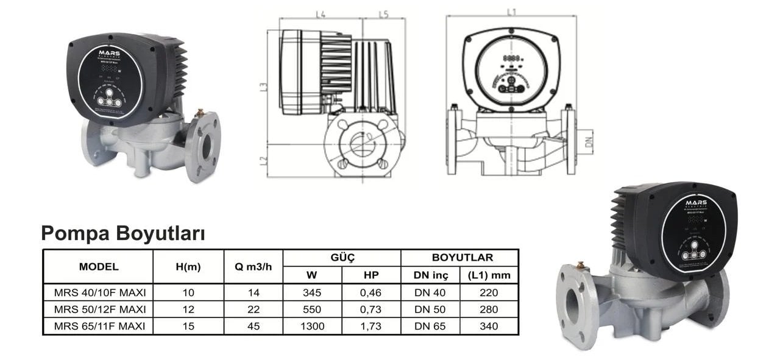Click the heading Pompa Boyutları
(122, 233)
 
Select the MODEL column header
(99, 266)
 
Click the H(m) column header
(188, 266)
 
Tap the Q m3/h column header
(253, 266)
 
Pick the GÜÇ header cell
(342, 258)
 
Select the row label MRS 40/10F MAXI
(99, 292)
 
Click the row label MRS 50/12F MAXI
(99, 309)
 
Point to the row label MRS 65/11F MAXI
(99, 326)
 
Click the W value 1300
(312, 326)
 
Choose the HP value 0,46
(371, 292)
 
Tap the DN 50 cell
(430, 309)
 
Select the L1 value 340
(489, 326)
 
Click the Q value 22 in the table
(253, 309)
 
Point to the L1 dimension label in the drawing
(511, 12)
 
